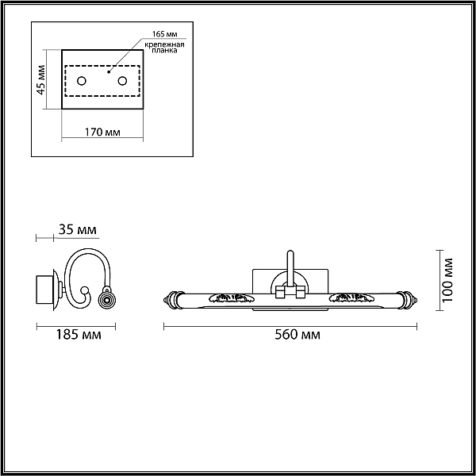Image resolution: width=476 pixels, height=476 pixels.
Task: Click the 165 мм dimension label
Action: tap(164, 33)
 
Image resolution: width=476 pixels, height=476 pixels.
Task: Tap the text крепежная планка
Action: tap(164, 48)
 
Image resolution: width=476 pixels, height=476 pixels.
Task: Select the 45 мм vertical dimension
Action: tap(41, 80)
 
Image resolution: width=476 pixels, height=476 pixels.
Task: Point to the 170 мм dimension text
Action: tap(102, 132)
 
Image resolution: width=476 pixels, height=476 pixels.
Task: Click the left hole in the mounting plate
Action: tap(82, 81)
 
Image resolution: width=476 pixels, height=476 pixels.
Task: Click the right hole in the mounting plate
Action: tap(123, 81)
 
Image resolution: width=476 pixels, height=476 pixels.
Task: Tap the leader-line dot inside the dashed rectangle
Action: tap(109, 72)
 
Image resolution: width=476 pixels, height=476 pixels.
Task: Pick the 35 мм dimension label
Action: tap(78, 230)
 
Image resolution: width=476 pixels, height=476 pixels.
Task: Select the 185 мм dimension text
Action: tap(79, 335)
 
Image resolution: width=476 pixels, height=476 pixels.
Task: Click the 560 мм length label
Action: tap(297, 335)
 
